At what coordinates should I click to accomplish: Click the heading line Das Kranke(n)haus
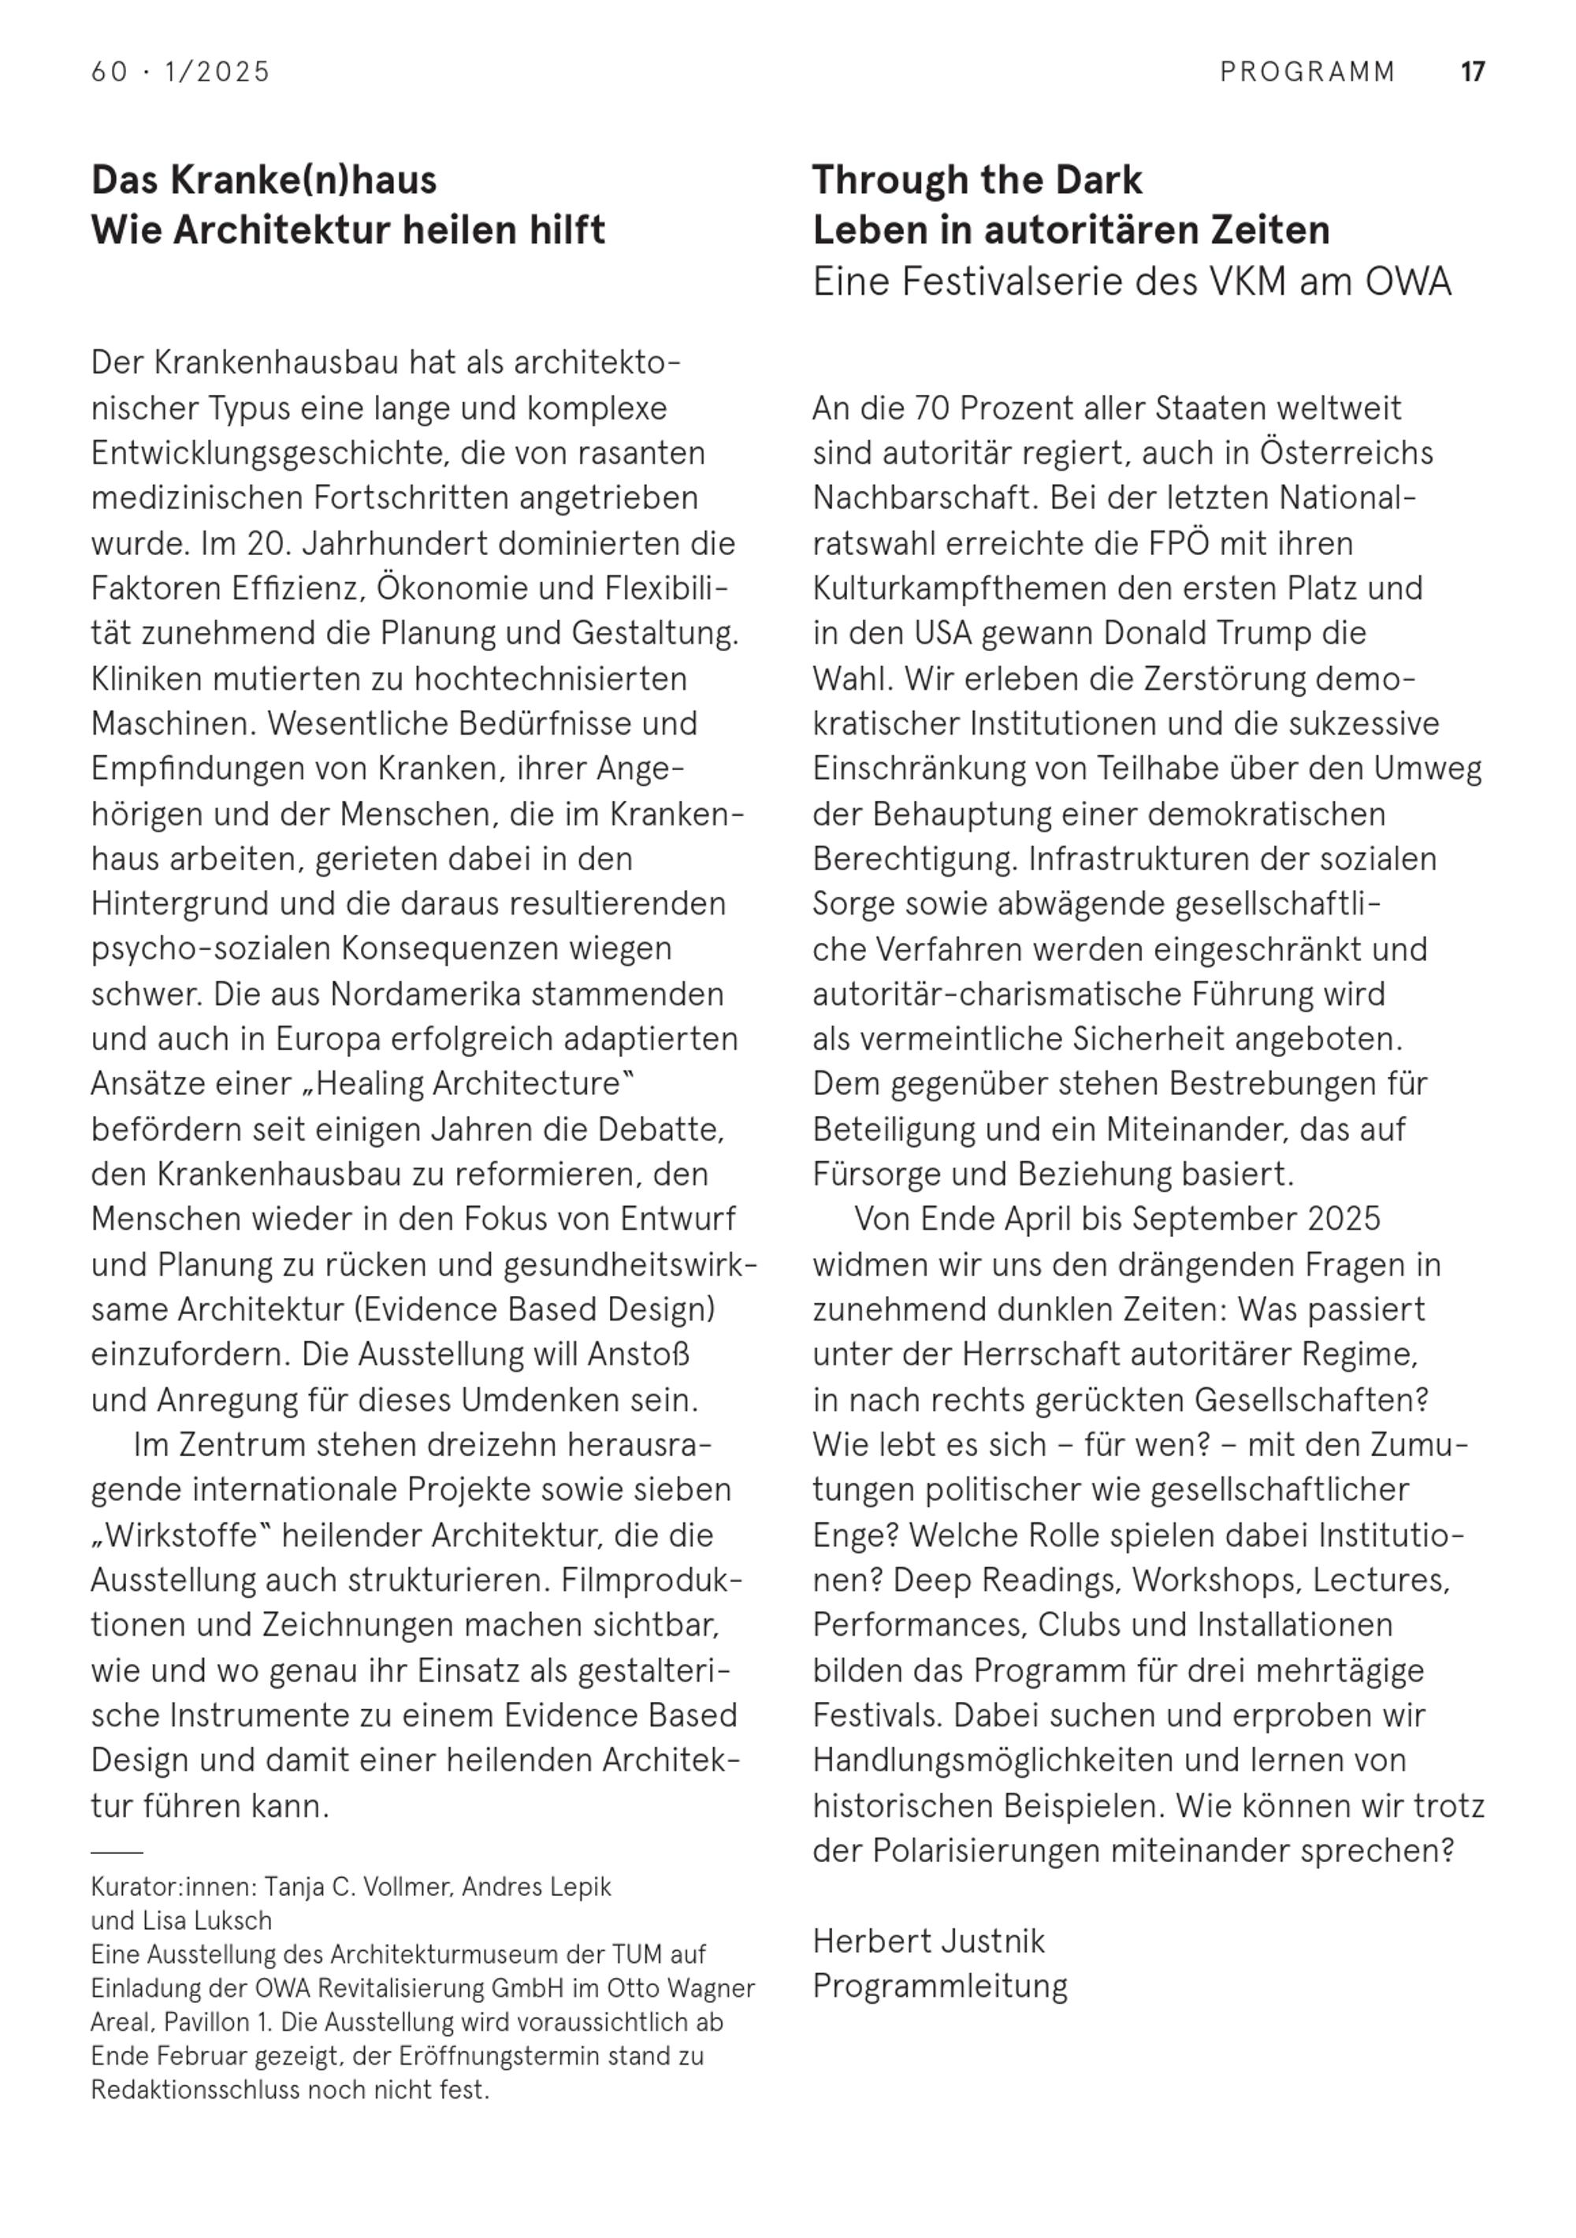pos(264,181)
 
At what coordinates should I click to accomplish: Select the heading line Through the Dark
pos(976,181)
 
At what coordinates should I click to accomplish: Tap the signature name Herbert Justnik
pos(927,1941)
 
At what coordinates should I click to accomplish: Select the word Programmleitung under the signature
pos(939,1986)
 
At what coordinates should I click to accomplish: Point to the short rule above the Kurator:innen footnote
pos(116,1851)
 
